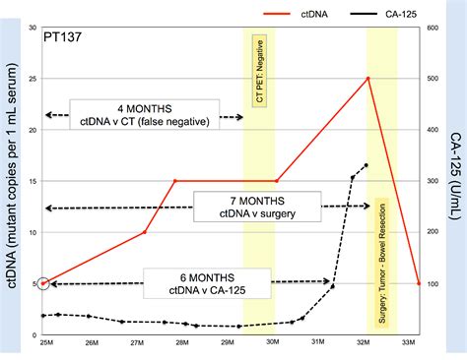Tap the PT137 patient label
click(63, 44)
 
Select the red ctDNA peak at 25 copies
click(367, 79)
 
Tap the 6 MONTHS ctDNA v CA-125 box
click(194, 283)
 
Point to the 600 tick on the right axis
click(432, 28)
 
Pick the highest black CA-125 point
click(367, 165)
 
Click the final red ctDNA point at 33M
click(419, 283)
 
